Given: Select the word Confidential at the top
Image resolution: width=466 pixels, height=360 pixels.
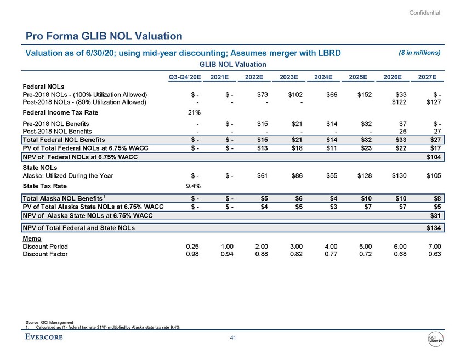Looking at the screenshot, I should [x=424, y=13].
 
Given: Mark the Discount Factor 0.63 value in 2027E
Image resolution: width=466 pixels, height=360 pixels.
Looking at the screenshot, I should [x=434, y=254].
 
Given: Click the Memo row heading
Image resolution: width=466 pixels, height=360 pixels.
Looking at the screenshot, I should [x=31, y=239].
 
